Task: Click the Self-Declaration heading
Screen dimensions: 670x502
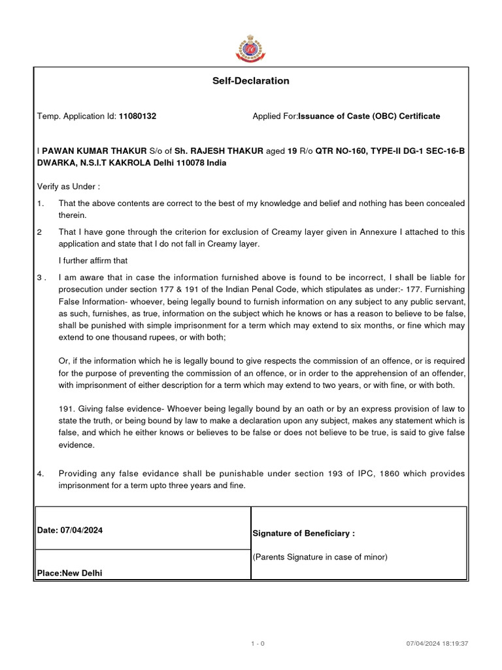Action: click(x=251, y=81)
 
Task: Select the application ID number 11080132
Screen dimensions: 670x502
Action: click(x=137, y=116)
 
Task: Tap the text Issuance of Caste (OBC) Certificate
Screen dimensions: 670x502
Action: click(x=369, y=116)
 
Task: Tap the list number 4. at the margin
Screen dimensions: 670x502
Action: click(x=41, y=473)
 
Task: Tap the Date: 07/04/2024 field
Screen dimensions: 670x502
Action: click(x=70, y=531)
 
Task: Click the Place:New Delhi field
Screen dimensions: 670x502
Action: click(x=70, y=573)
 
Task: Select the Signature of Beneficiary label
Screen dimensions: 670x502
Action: click(x=303, y=533)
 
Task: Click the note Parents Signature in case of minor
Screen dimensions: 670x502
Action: click(x=320, y=557)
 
